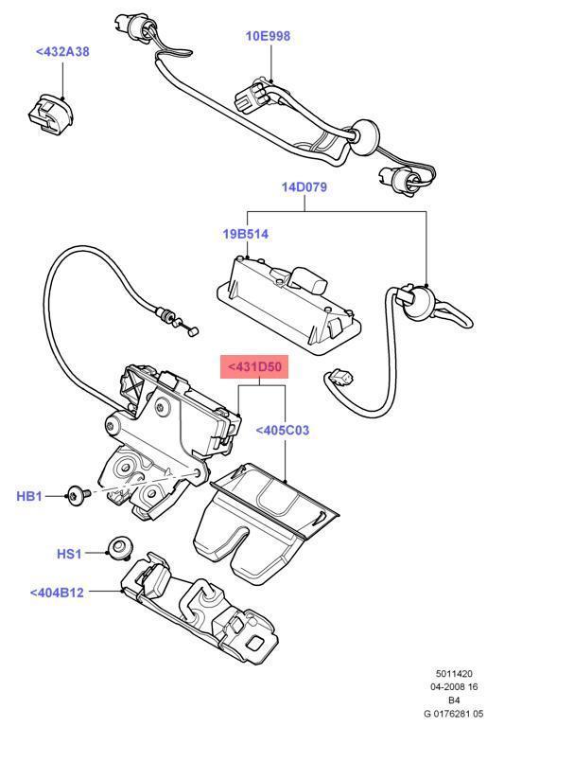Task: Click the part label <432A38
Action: coord(62,51)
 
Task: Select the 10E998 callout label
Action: coord(269,36)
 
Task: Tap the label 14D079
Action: coord(304,186)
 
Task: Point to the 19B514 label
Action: coord(245,232)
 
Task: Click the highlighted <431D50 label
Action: coord(253,366)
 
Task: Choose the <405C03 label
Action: coord(283,431)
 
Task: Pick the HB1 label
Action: coord(29,495)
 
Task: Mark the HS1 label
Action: coord(70,553)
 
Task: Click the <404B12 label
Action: coord(57,593)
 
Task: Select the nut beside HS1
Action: coord(119,546)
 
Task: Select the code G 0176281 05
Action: coord(453,715)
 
